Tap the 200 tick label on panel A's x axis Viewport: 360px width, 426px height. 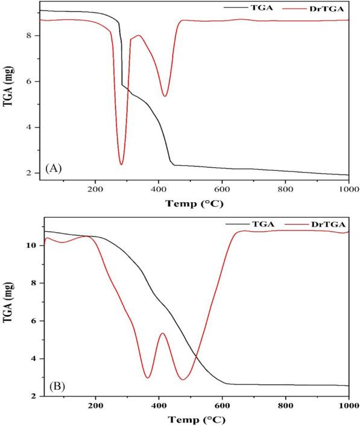coord(95,188)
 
